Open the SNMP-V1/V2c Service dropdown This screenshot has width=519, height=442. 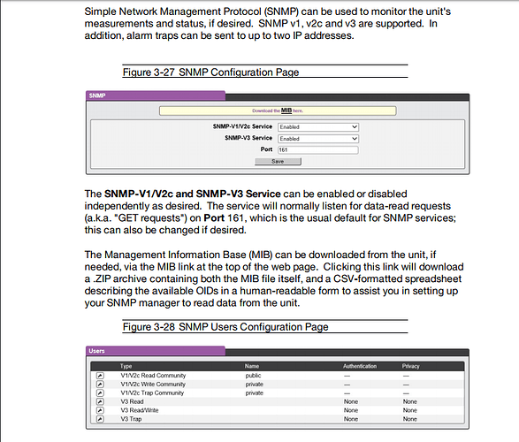tap(317, 127)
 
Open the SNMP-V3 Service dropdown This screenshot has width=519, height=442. tap(317, 139)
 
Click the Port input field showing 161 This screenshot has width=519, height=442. tap(317, 150)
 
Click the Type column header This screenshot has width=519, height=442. tap(126, 365)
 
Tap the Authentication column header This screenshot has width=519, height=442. tap(359, 365)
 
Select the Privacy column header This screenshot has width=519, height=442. tap(411, 365)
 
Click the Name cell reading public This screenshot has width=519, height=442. tap(255, 376)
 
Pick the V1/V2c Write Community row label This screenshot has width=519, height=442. tap(153, 385)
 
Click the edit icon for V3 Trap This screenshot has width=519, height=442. tap(100, 419)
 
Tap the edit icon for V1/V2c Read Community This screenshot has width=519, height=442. tap(100, 376)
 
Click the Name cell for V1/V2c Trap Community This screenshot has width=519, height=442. tap(255, 393)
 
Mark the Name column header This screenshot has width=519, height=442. tap(252, 365)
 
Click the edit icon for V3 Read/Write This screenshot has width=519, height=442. tap(100, 410)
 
